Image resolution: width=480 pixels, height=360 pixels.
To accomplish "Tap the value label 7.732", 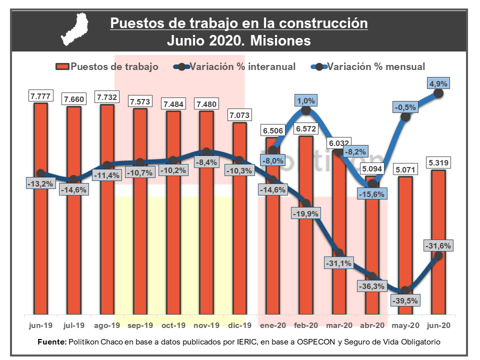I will [107, 97].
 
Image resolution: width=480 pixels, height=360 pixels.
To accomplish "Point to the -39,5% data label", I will [405, 300].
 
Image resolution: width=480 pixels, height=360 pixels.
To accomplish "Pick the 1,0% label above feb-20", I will [306, 100].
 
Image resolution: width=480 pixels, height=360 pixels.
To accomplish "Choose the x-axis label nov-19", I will [206, 325].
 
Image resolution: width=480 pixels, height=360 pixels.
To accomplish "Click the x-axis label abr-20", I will [372, 325].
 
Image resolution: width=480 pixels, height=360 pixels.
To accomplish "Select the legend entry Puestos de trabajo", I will [114, 66].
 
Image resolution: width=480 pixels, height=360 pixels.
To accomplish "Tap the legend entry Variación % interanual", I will [242, 66].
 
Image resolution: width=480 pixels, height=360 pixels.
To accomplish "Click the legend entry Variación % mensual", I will [375, 66].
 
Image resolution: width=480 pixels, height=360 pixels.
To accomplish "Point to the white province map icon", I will [76, 30].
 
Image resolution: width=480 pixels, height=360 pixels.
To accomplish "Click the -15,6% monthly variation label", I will [372, 194].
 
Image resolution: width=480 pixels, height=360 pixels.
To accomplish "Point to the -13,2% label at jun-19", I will [40, 183].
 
